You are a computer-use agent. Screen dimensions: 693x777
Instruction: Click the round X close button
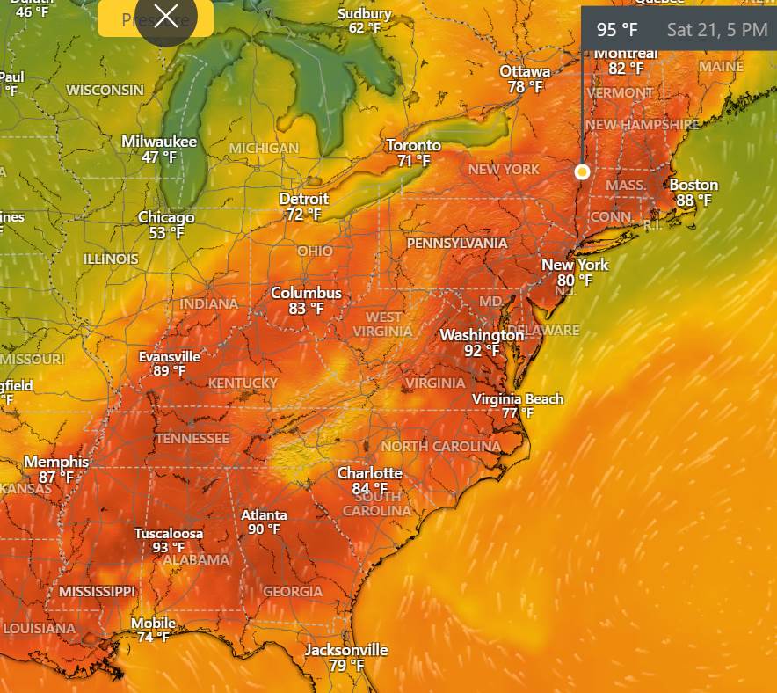pyautogui.click(x=166, y=17)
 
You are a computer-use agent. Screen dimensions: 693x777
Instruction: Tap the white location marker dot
pyautogui.click(x=582, y=172)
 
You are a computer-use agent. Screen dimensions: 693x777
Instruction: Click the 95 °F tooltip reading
pyautogui.click(x=617, y=30)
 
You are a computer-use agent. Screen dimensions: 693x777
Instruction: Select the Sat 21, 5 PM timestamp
pyautogui.click(x=716, y=30)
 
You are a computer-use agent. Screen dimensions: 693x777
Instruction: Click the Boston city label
pyautogui.click(x=693, y=185)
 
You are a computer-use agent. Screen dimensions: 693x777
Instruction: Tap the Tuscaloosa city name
pyautogui.click(x=169, y=534)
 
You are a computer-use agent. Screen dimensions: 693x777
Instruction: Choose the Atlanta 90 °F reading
pyautogui.click(x=264, y=529)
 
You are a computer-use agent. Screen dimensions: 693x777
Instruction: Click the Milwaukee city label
pyautogui.click(x=159, y=142)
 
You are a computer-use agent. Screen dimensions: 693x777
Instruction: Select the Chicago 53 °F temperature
pyautogui.click(x=166, y=233)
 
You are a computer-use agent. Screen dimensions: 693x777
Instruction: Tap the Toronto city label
pyautogui.click(x=413, y=145)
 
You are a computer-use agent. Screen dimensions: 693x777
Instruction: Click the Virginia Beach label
pyautogui.click(x=518, y=399)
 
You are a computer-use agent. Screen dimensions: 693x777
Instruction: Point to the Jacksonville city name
pyautogui.click(x=346, y=650)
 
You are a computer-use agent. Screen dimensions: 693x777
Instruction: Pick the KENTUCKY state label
pyautogui.click(x=243, y=383)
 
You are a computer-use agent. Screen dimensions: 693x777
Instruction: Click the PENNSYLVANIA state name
pyautogui.click(x=456, y=243)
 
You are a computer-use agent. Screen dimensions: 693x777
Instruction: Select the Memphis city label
pyautogui.click(x=56, y=462)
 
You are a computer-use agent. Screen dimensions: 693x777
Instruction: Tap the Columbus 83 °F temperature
pyautogui.click(x=306, y=309)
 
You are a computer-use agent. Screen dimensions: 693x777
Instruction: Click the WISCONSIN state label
pyautogui.click(x=105, y=91)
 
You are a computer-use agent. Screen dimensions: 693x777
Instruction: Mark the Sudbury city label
pyautogui.click(x=365, y=14)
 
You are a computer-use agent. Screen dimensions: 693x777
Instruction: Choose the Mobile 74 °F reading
pyautogui.click(x=153, y=638)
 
